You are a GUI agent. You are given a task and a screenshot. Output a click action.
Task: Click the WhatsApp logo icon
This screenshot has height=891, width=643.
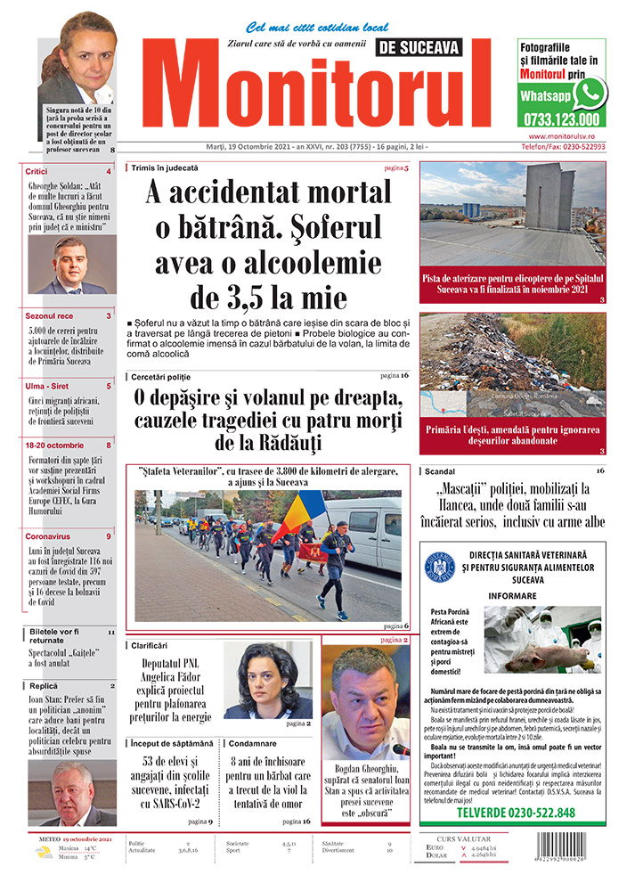(x=590, y=92)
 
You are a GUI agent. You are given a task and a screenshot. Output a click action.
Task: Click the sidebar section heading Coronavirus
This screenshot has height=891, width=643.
(x=49, y=536)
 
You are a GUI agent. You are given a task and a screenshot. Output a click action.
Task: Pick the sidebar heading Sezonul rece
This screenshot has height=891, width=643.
(x=50, y=315)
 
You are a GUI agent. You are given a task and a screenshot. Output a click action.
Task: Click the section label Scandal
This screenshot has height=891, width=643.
(x=441, y=470)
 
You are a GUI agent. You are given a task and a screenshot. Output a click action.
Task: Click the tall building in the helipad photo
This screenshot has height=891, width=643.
(x=549, y=197)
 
